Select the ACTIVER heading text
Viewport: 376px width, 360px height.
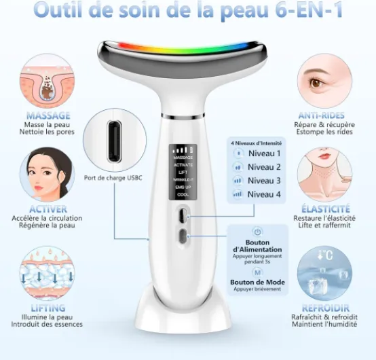48,209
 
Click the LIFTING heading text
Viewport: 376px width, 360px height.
48,308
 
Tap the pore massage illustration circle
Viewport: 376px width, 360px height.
48,82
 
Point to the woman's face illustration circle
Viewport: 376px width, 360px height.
48,174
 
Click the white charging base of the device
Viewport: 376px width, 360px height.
183,312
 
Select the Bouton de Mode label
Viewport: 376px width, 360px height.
257,282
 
